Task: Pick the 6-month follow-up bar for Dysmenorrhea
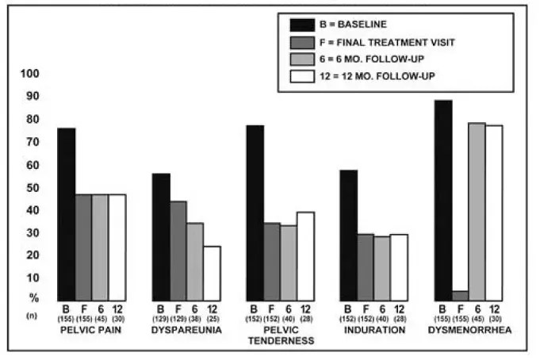pos(477,210)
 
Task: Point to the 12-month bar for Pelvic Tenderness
pos(304,255)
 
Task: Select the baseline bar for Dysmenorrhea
pos(443,199)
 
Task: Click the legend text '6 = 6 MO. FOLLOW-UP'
pos(377,59)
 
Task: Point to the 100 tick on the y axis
pos(29,74)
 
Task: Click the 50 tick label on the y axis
pos(29,187)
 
